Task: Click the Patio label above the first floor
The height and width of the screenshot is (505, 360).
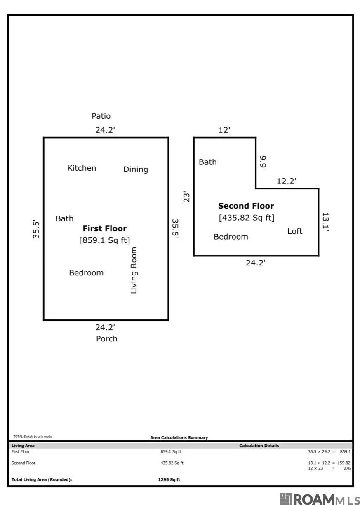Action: tap(101, 116)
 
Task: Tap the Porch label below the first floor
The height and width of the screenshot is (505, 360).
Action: tap(107, 338)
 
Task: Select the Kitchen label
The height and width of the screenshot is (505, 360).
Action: tap(82, 168)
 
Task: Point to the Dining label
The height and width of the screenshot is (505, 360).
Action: tap(136, 169)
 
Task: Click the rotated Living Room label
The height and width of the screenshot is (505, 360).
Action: tap(134, 270)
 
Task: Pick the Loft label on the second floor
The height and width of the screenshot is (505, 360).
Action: tap(295, 231)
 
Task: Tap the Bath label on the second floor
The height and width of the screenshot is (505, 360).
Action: tap(207, 162)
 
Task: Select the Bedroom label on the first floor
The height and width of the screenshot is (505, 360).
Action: tap(86, 273)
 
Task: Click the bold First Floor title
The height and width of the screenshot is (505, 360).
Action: tap(105, 228)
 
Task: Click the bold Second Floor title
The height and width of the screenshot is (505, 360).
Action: tap(246, 206)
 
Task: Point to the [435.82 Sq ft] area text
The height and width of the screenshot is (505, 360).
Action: tap(247, 218)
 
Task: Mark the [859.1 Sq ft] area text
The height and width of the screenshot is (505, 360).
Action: tap(105, 240)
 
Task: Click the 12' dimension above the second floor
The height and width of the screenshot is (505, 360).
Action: tap(224, 130)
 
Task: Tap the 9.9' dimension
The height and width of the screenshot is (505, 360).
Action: tap(263, 162)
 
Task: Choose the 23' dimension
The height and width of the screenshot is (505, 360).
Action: tap(186, 197)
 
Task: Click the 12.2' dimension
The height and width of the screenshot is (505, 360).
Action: tap(287, 181)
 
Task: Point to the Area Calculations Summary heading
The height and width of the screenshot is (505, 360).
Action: tap(179, 437)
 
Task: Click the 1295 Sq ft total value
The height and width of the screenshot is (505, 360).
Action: tap(169, 479)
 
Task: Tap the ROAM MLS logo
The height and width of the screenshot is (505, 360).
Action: tap(320, 499)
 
